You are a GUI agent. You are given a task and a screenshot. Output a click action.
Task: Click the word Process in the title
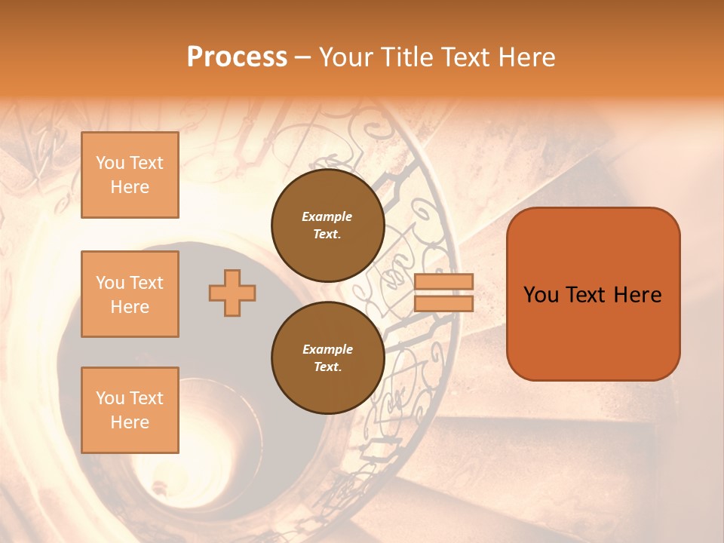(x=237, y=57)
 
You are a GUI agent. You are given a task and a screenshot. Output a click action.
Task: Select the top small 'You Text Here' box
(x=130, y=175)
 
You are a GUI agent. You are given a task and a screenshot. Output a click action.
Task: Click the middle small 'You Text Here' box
(x=130, y=294)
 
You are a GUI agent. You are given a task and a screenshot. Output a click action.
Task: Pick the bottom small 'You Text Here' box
(x=130, y=410)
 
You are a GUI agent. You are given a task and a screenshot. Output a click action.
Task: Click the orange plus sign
(x=232, y=293)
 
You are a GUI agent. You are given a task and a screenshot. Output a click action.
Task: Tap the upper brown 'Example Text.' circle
(x=327, y=225)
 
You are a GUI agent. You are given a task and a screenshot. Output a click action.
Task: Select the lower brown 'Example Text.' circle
(x=327, y=358)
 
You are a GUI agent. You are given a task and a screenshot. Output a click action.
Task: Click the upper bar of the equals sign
(x=443, y=281)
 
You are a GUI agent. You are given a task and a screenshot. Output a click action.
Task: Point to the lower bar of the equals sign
(x=443, y=303)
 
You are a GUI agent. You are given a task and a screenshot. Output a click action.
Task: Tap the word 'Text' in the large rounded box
(x=593, y=295)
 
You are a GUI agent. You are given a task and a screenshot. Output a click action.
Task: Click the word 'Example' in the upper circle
(x=327, y=216)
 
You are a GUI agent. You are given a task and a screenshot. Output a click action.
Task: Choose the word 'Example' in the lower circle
(x=327, y=349)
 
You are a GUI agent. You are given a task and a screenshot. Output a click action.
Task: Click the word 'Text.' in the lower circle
(x=327, y=367)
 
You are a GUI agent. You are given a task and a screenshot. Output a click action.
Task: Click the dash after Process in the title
(x=302, y=57)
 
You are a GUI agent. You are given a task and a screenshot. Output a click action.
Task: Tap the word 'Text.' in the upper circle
(x=327, y=235)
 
